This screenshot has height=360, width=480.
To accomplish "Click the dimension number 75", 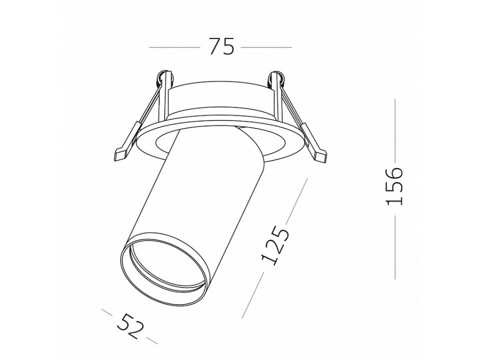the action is [x=221, y=46].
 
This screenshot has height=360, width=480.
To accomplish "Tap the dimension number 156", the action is [x=394, y=186].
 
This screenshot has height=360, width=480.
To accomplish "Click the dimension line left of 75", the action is [x=174, y=47].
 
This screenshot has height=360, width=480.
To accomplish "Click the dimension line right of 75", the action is [x=266, y=47].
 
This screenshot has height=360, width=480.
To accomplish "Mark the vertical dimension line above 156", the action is [x=395, y=131].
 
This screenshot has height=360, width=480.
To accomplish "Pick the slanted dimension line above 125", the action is [x=295, y=200].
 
